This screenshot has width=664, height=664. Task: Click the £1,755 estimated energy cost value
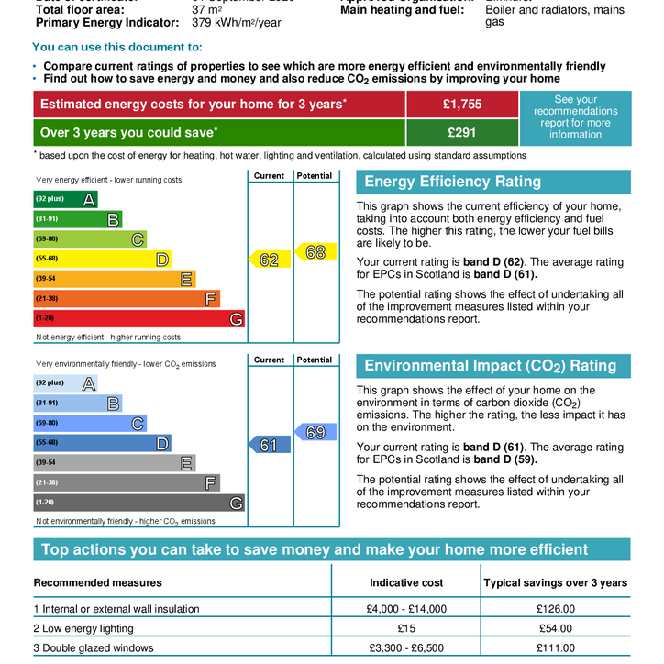click(462, 105)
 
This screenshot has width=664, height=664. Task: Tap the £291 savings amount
click(462, 132)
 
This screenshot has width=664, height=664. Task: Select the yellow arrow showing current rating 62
click(267, 260)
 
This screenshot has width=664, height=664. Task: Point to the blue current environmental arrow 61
click(267, 445)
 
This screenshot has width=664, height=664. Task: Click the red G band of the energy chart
click(138, 318)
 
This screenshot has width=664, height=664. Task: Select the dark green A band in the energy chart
click(65, 199)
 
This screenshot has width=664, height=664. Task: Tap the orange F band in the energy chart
click(127, 299)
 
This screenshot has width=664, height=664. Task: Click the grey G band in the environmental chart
click(138, 503)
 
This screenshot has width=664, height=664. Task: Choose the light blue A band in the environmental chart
click(65, 383)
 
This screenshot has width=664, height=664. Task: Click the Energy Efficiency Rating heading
click(453, 182)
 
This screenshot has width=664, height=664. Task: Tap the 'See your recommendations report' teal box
click(575, 117)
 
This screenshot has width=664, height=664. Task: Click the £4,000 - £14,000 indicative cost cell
click(406, 608)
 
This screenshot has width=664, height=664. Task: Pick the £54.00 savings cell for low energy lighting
click(555, 628)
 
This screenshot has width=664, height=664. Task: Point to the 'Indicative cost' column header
click(406, 582)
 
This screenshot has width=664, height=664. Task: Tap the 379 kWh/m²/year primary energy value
click(236, 23)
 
